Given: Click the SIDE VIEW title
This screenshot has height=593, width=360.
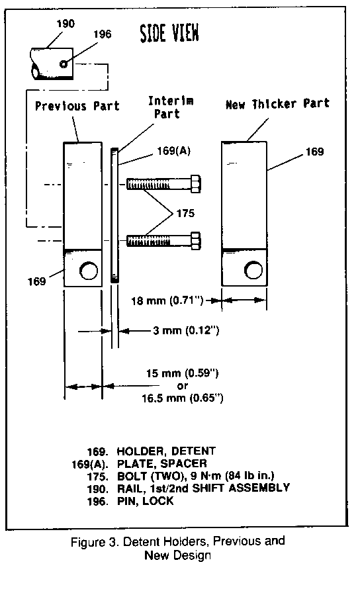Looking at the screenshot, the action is [169, 33].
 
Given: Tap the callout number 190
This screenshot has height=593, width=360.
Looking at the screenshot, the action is [66, 24].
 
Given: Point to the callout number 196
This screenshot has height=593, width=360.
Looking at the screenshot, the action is [103, 34].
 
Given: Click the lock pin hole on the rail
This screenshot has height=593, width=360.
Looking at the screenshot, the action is [64, 64].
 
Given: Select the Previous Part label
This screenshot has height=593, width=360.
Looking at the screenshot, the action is [77, 106].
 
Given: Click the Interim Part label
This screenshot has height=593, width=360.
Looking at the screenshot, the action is [171, 107].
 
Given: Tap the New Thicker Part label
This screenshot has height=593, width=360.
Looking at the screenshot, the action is [277, 104].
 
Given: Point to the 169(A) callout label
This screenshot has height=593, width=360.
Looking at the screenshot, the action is [173, 151].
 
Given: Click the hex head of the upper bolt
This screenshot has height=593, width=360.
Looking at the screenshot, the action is [195, 184].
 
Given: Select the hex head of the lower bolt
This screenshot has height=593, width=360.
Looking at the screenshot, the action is [195, 241].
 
